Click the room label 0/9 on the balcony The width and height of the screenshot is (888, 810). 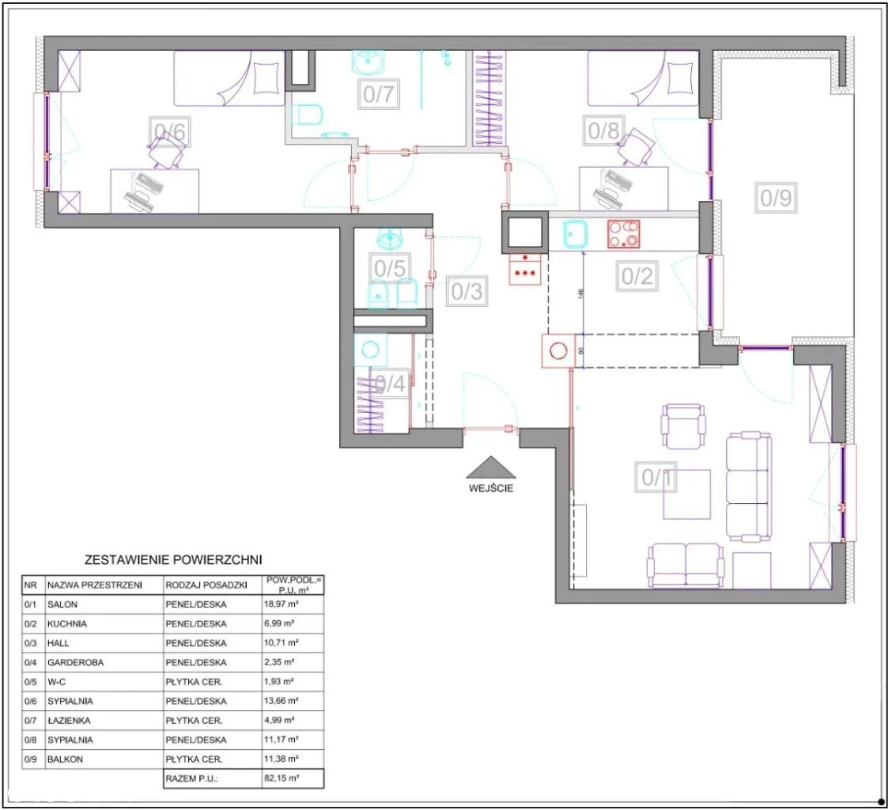click(x=776, y=198)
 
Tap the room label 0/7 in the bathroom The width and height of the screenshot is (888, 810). click(x=379, y=93)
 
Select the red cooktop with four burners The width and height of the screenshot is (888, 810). click(x=624, y=234)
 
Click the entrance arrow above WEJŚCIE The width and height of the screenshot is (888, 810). click(x=491, y=467)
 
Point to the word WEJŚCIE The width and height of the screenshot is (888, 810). click(x=491, y=488)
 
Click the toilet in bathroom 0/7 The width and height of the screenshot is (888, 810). click(x=310, y=115)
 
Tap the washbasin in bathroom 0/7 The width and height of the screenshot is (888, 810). click(x=368, y=62)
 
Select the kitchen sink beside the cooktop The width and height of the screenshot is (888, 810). click(x=576, y=234)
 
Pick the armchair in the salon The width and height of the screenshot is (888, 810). click(x=683, y=426)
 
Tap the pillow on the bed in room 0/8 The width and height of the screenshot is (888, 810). click(x=680, y=78)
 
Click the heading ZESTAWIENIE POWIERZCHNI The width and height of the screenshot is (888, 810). click(x=173, y=559)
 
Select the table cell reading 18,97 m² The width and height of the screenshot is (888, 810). click(x=282, y=604)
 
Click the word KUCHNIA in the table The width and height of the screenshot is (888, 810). click(x=67, y=623)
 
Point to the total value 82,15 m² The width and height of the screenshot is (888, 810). click(x=282, y=778)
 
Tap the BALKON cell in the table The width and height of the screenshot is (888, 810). click(x=65, y=759)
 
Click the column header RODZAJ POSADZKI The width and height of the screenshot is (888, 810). click(x=206, y=585)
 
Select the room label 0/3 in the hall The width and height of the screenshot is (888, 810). click(x=467, y=291)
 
